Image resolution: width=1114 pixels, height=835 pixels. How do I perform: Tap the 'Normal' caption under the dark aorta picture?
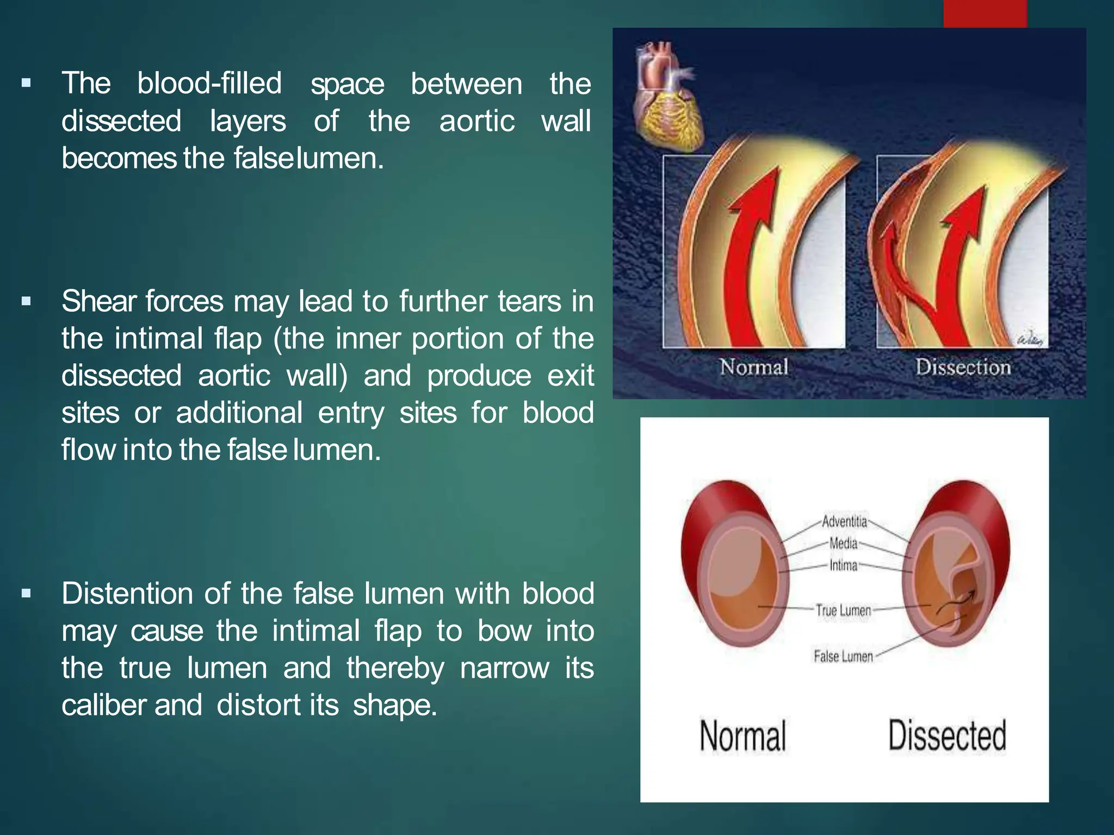[754, 367]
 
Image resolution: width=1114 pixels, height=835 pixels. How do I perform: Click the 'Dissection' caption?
[962, 367]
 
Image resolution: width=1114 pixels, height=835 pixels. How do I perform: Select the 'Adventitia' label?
[844, 522]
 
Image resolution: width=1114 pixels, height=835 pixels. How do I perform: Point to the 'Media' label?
[843, 544]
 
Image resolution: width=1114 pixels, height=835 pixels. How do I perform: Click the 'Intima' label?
[843, 565]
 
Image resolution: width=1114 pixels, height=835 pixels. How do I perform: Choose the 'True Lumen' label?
[843, 610]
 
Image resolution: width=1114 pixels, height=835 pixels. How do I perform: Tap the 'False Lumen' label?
[843, 656]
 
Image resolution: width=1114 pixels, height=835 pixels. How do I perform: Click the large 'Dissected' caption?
[947, 736]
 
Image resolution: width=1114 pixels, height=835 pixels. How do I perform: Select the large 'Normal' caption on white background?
[742, 736]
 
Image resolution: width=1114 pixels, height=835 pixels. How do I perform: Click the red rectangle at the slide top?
[985, 13]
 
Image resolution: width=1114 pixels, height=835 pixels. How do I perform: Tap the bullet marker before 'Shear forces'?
[26, 301]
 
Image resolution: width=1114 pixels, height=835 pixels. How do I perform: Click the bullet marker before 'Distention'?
[26, 594]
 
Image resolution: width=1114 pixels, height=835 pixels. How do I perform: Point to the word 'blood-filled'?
[209, 84]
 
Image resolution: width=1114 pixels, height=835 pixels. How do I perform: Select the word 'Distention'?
[128, 594]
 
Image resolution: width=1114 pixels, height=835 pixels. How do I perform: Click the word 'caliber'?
[103, 705]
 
